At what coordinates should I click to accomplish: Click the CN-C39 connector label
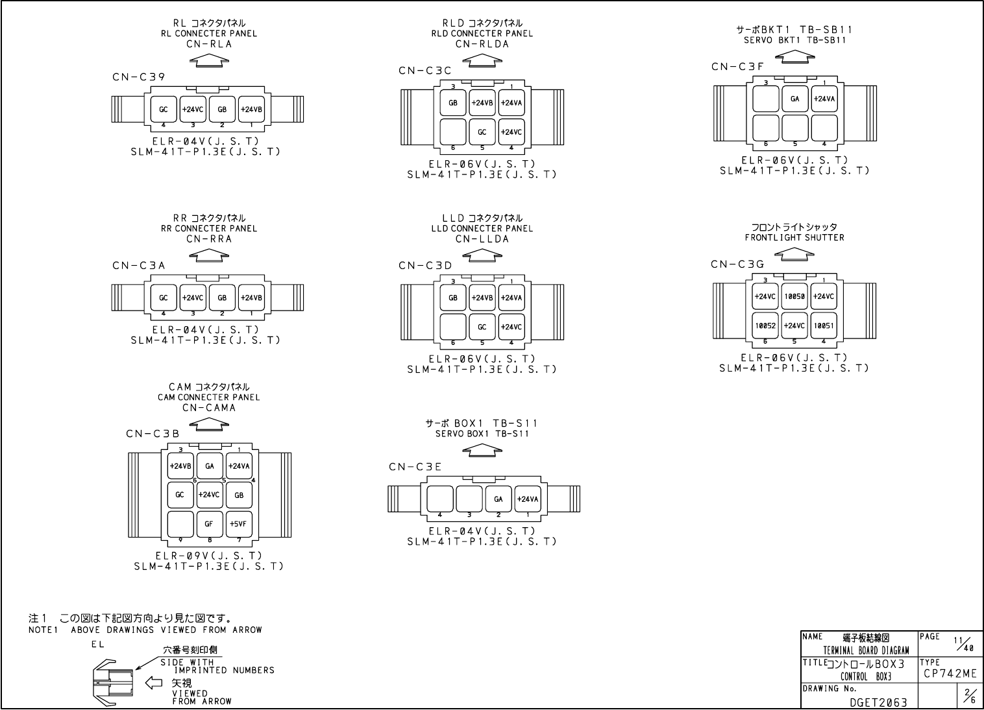pos(138,77)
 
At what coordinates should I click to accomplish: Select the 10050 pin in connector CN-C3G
pos(794,296)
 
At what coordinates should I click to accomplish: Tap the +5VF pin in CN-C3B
pos(239,524)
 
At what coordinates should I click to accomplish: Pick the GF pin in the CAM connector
pos(209,524)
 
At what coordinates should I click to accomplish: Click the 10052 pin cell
pos(765,325)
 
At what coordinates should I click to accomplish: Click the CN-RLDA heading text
pos(482,44)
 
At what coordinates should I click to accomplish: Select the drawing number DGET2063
pos(878,702)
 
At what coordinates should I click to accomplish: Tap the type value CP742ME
pos(950,674)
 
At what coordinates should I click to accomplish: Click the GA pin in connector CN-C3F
pos(795,99)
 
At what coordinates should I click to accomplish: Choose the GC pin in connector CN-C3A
pos(164,298)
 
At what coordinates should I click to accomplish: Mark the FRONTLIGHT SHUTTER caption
pos(794,237)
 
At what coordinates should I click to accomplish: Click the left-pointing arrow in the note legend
pos(153,682)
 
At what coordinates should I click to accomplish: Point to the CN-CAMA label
pos(209,408)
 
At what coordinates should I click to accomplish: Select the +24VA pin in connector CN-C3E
pos(528,499)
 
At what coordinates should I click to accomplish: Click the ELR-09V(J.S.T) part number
pos(209,556)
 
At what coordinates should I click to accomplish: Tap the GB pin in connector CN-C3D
pos(453,298)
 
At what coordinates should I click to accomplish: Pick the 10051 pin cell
pos(824,325)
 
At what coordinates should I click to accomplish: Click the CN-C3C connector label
pos(425,70)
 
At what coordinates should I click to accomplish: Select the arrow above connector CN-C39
pos(209,60)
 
